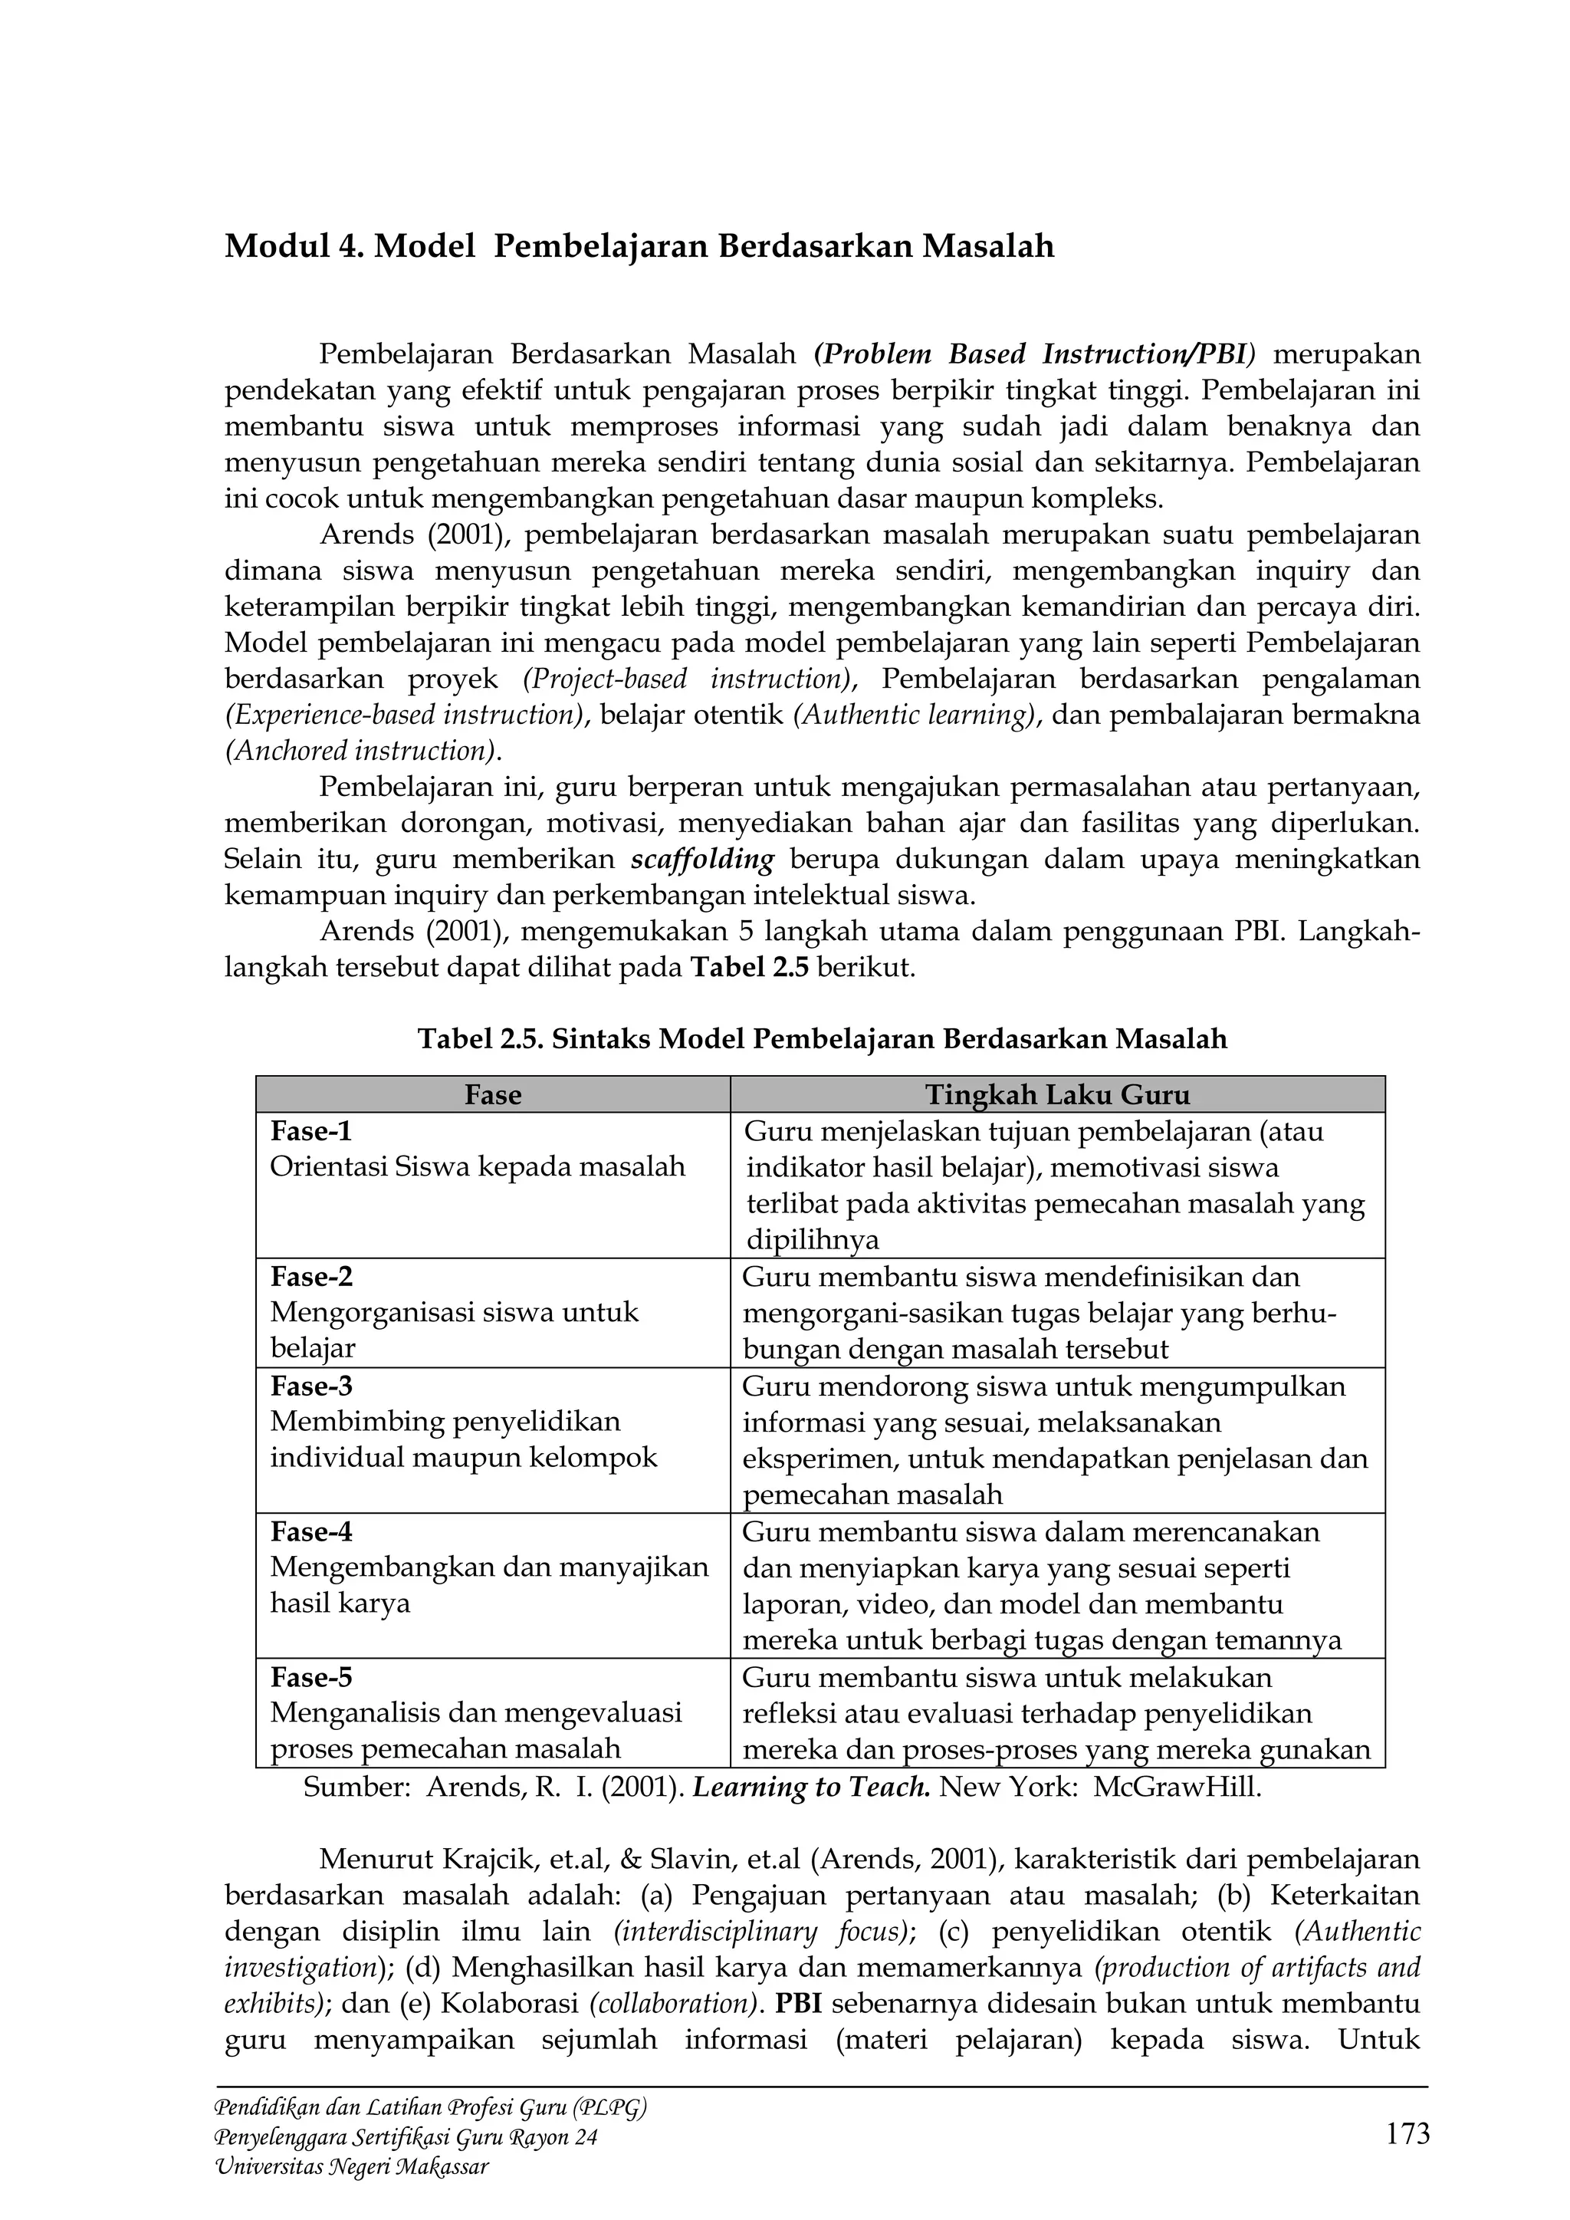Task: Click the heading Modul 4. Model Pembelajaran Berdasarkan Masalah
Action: pyautogui.click(x=639, y=248)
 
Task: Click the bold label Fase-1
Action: pyautogui.click(x=310, y=1130)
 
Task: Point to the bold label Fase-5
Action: pyautogui.click(x=311, y=1676)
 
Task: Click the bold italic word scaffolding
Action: pyautogui.click(x=703, y=860)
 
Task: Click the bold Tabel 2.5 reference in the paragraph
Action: pyautogui.click(x=751, y=968)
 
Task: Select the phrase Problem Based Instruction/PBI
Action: pyautogui.click(x=1034, y=354)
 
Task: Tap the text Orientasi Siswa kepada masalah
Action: pyautogui.click(x=478, y=1167)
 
